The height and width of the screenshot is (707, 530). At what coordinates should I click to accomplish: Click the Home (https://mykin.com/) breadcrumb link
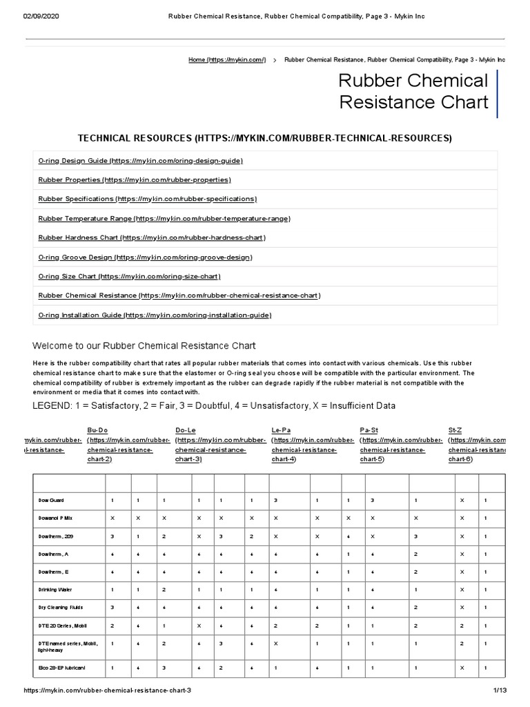point(227,60)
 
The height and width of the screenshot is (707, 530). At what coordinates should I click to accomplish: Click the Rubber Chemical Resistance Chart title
point(413,92)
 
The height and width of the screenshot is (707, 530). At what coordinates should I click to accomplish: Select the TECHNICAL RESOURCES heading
point(264,139)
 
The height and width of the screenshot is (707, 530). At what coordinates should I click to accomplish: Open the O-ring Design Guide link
point(141,160)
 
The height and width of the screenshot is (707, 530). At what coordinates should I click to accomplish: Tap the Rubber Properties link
point(135,180)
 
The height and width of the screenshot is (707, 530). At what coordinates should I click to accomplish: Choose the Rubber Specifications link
point(147,199)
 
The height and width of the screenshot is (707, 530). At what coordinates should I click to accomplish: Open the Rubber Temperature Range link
point(164,218)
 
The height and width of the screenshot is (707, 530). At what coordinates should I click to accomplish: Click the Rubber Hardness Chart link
point(152,238)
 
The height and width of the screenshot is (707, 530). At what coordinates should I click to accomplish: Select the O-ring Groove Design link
point(146,257)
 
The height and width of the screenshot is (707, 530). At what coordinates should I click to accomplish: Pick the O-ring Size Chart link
point(129,276)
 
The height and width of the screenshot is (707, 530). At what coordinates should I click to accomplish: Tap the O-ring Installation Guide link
point(155,315)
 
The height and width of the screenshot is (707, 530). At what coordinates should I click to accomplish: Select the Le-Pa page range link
point(281,429)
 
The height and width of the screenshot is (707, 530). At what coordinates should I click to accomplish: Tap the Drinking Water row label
point(55,590)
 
